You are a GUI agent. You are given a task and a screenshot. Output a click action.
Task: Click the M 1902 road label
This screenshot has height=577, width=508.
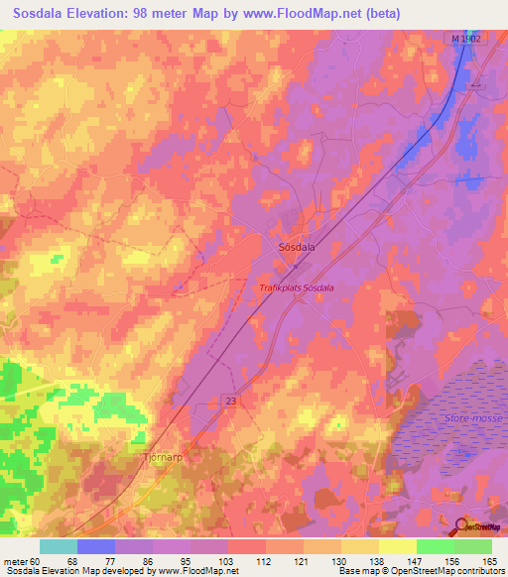[464, 38]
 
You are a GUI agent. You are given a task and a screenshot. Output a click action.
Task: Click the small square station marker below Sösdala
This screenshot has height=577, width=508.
[294, 266]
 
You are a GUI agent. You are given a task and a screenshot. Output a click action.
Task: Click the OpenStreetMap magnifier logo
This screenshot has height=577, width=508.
[461, 525]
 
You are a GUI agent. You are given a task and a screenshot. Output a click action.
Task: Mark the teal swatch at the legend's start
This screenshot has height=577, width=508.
[59, 546]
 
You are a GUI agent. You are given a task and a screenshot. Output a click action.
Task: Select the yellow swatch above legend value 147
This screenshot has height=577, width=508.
[397, 546]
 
